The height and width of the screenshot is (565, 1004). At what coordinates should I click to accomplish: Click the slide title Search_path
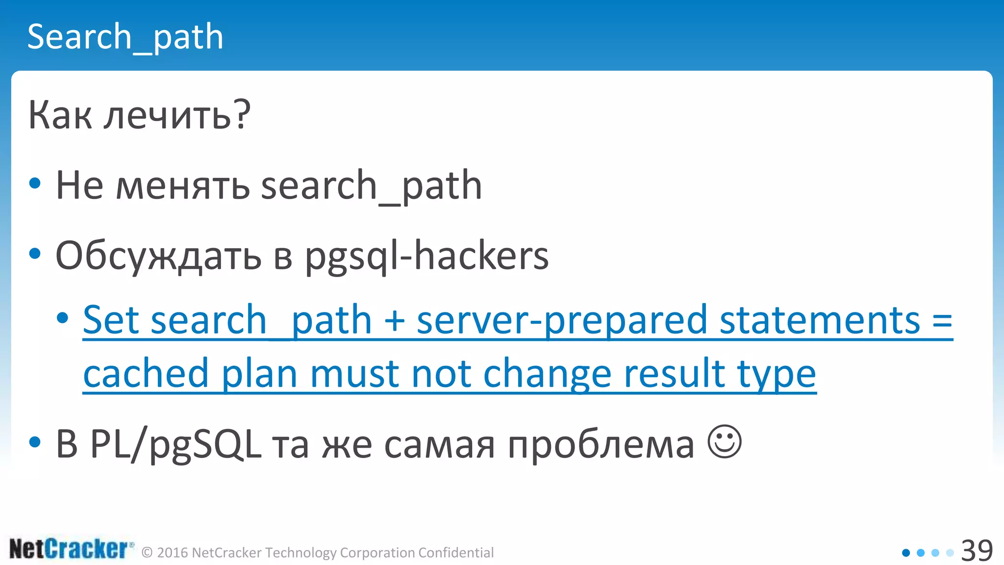tap(125, 37)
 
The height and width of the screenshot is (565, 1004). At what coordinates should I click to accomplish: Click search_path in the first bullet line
tap(371, 186)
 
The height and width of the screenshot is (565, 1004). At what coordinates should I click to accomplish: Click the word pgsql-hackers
tap(427, 257)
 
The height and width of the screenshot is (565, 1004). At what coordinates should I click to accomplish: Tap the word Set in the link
tap(112, 320)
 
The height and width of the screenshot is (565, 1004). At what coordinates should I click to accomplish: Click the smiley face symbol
tap(725, 441)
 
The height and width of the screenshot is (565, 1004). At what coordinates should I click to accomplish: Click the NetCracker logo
tap(71, 549)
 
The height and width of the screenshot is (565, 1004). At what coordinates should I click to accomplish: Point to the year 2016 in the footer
tap(173, 553)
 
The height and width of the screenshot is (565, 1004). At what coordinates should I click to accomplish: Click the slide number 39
tap(977, 551)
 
